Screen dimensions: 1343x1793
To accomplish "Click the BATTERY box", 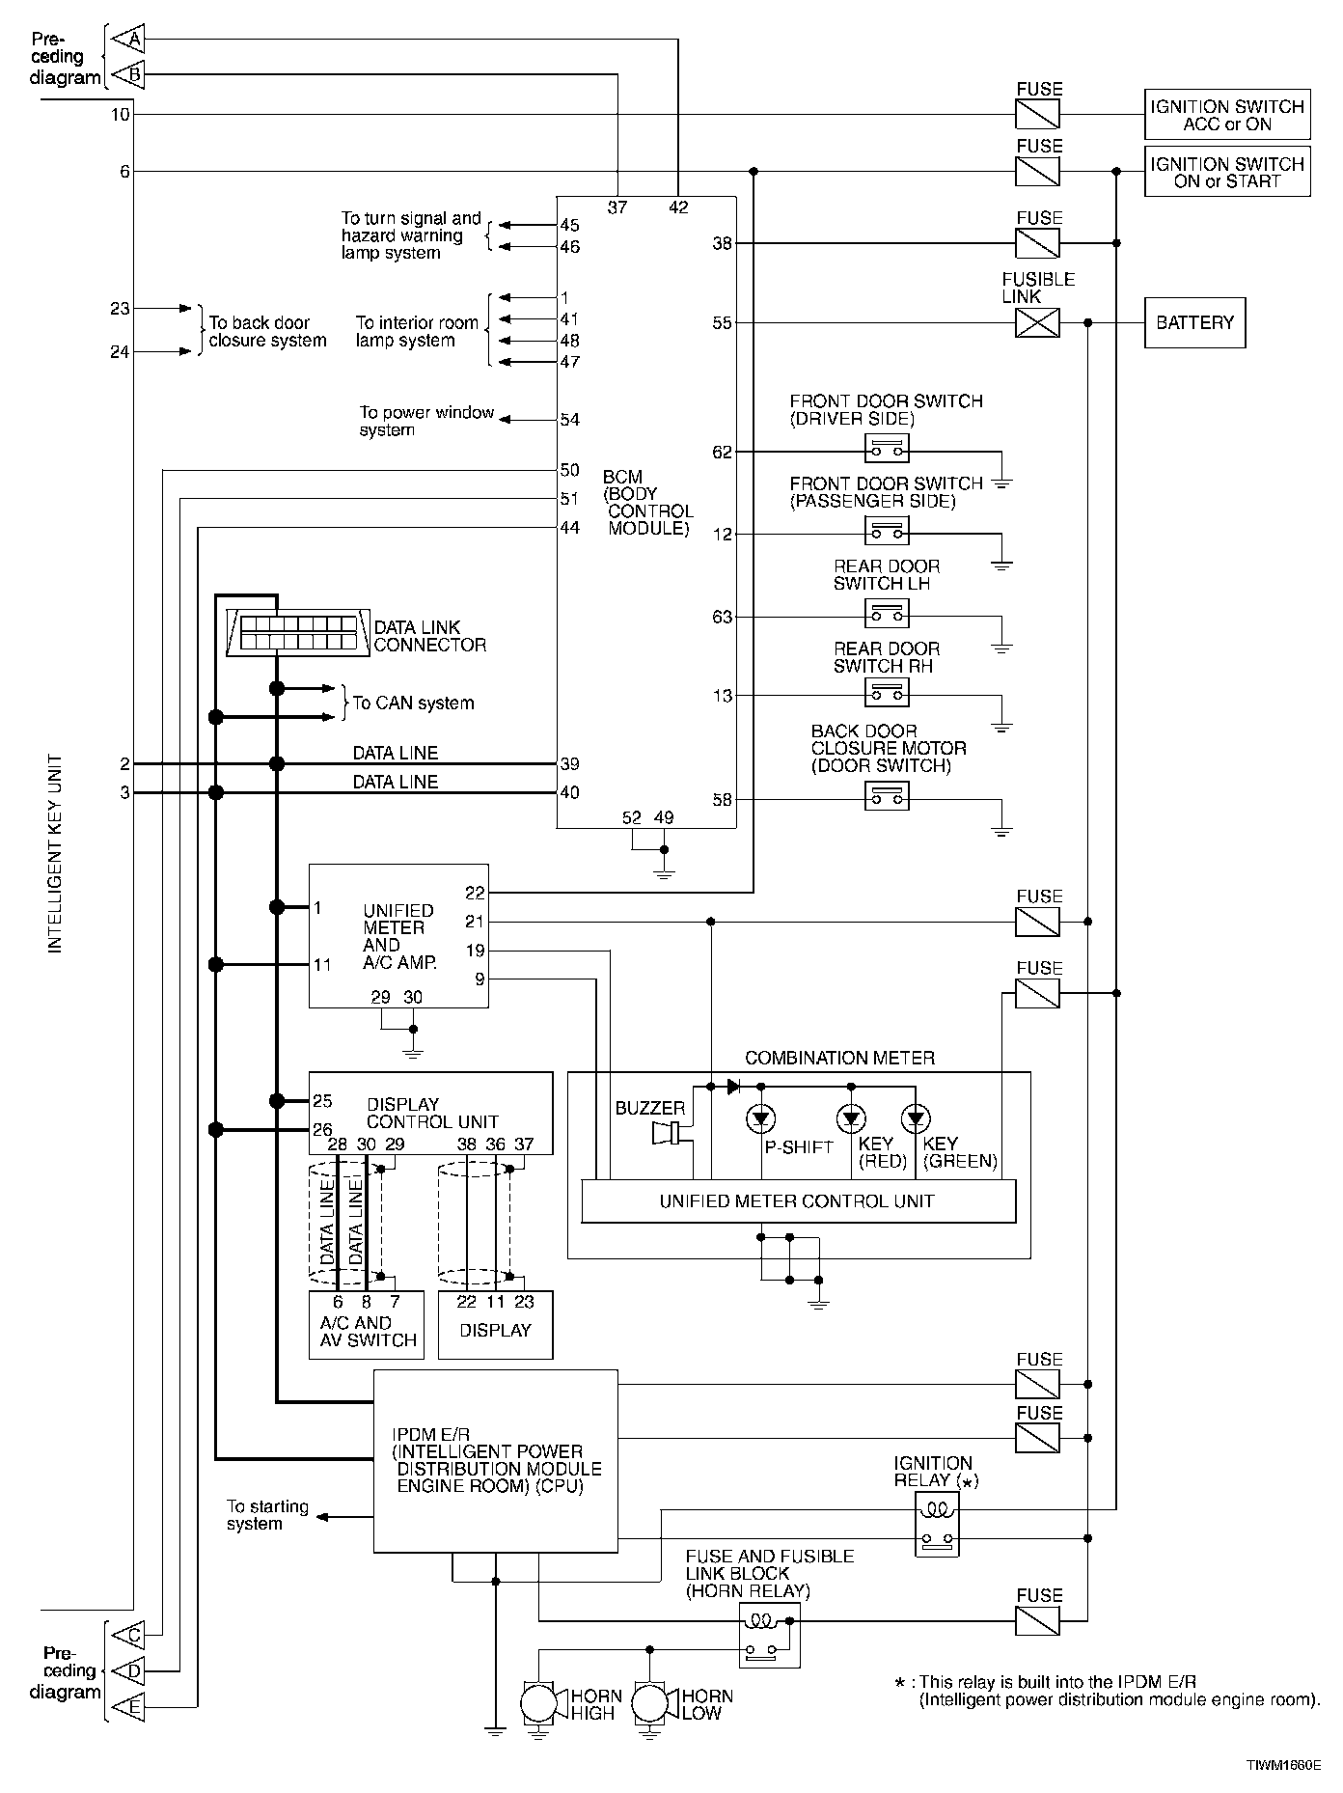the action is [x=1194, y=323].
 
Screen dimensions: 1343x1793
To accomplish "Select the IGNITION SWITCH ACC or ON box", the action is [x=1227, y=115].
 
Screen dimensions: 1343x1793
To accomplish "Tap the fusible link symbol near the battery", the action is [x=1038, y=323].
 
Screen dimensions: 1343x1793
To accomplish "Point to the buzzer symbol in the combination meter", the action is [x=669, y=1132].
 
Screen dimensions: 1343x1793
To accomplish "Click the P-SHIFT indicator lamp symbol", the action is [x=761, y=1119].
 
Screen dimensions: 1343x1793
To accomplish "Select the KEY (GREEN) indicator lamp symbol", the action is [x=915, y=1119].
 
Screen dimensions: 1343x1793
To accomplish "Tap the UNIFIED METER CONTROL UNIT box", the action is [x=798, y=1201].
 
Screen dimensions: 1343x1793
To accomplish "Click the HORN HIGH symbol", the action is [x=539, y=1704].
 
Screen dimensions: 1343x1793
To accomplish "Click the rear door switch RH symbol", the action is [x=887, y=694].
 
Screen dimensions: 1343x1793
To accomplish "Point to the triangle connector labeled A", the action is [x=127, y=39].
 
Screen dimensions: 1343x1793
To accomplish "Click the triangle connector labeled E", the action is [x=127, y=1708].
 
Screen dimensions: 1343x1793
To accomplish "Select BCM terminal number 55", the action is [x=723, y=323].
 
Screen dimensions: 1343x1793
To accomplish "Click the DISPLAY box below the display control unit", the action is [x=496, y=1325].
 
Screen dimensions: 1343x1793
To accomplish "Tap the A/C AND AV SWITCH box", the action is [x=367, y=1325].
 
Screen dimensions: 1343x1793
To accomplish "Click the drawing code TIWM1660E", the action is [x=1282, y=1765].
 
